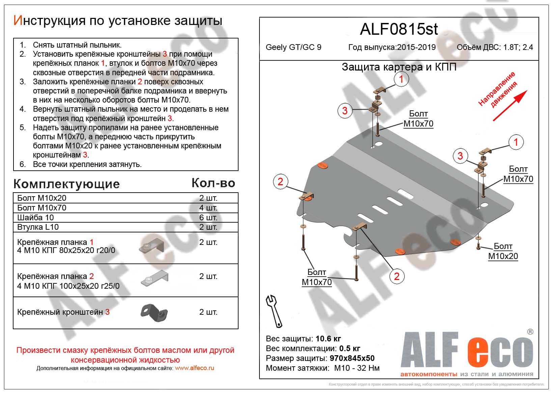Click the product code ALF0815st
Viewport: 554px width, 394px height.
[x=399, y=29]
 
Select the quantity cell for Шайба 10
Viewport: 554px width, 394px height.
[x=208, y=218]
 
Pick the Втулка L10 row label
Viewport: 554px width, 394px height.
[x=38, y=227]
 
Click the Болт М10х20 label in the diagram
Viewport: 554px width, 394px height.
[x=503, y=251]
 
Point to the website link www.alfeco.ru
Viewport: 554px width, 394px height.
[x=194, y=368]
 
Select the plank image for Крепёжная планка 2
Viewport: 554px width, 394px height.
[x=154, y=279]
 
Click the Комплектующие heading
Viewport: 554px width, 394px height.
[x=66, y=184]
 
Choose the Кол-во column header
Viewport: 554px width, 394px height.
[x=213, y=183]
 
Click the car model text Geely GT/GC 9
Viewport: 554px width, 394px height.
[x=293, y=47]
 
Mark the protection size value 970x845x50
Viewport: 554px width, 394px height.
[x=351, y=358]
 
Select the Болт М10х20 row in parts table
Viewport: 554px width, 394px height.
[x=42, y=198]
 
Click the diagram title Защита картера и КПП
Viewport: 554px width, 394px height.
[x=399, y=67]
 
